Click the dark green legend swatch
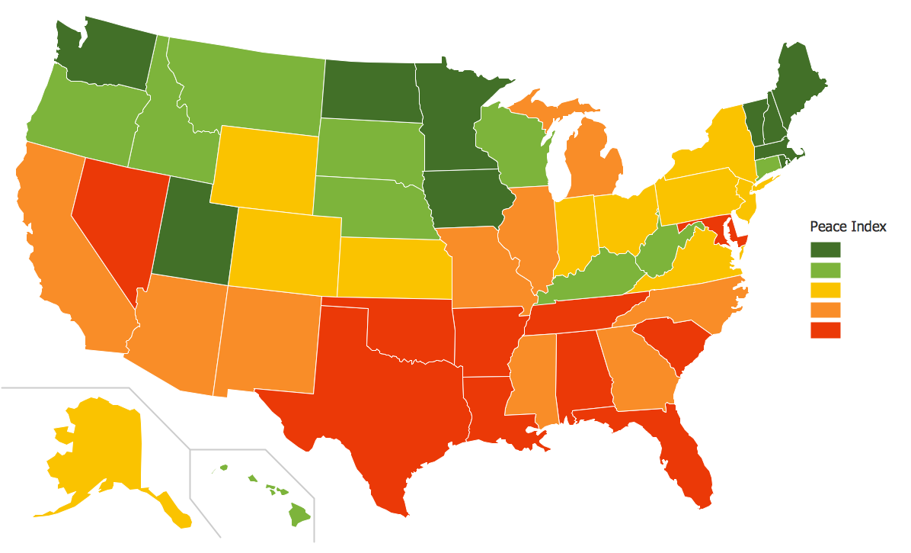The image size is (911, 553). tap(825, 249)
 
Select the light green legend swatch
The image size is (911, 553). tap(825, 269)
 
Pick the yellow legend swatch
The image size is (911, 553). tap(825, 290)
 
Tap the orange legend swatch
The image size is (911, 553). tap(825, 310)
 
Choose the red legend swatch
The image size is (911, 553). tap(825, 330)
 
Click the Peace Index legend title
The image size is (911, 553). tap(848, 227)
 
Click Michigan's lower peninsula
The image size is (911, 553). tap(594, 164)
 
